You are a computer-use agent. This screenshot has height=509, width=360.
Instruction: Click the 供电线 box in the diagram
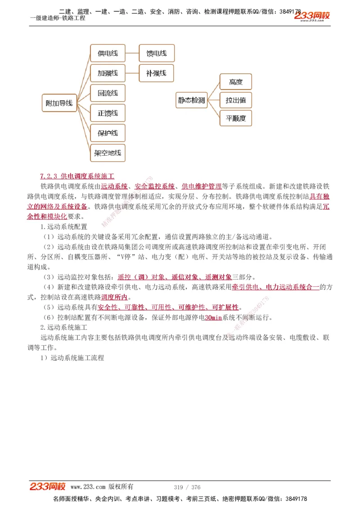tap(108, 53)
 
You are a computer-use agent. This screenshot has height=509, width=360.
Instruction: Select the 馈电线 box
tap(156, 53)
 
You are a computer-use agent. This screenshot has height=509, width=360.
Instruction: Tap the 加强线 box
tap(108, 73)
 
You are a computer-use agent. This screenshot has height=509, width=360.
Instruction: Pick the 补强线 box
tap(156, 73)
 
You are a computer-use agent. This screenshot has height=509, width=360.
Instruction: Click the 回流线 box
tap(108, 93)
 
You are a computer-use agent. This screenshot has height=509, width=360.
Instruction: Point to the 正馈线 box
tap(108, 113)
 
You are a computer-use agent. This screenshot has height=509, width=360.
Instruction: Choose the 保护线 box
tap(108, 133)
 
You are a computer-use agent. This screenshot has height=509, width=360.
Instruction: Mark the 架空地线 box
tap(108, 153)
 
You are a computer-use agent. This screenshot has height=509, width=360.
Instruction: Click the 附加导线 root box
tap(59, 103)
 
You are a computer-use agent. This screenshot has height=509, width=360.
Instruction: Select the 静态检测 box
tap(191, 100)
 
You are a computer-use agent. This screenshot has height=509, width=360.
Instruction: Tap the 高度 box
tap(235, 82)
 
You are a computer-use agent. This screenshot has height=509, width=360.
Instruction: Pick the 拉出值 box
tap(235, 100)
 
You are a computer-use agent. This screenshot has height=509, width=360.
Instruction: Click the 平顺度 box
tap(235, 118)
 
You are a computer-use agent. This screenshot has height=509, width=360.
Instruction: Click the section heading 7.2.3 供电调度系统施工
tap(77, 175)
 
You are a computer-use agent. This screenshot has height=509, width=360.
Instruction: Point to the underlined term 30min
tap(213, 318)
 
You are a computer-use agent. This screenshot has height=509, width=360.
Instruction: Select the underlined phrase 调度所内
tap(114, 297)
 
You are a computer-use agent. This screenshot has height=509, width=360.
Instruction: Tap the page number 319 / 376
tap(187, 487)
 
